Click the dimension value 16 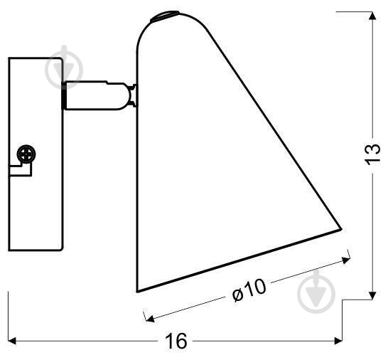(176, 342)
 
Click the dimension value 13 (372, 154)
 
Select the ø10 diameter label (249, 290)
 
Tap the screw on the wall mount (26, 154)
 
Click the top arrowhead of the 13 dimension (372, 16)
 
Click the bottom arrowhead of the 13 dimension (372, 295)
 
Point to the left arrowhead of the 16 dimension (12, 341)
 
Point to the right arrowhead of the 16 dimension (338, 341)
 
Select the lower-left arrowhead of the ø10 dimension (149, 319)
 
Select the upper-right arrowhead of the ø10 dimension (345, 260)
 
